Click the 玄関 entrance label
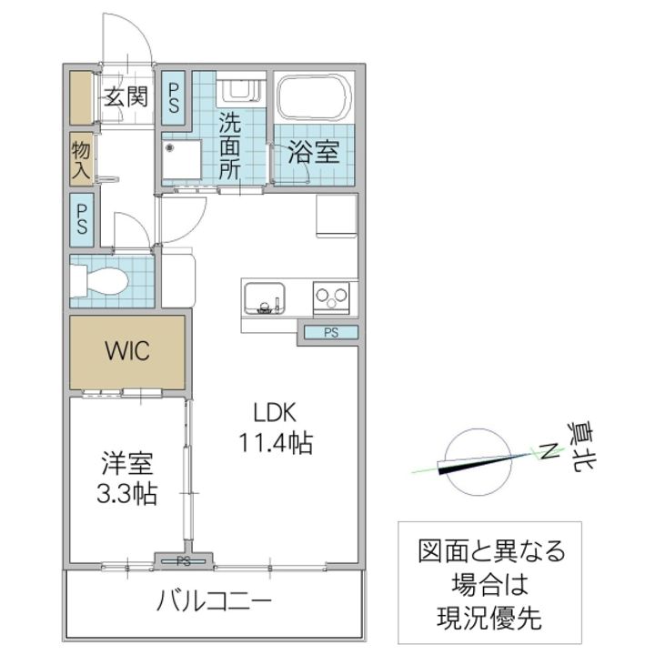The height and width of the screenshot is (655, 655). point(125,96)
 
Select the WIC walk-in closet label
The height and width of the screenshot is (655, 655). point(126,350)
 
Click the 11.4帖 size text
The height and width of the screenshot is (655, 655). point(277,443)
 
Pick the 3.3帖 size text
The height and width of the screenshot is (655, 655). point(126,494)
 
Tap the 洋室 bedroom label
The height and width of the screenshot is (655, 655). point(126,463)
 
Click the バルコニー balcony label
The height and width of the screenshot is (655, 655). point(214,600)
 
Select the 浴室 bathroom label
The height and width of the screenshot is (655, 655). point(314,151)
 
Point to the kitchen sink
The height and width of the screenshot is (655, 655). point(264,297)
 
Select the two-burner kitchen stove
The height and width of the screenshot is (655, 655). point(330,297)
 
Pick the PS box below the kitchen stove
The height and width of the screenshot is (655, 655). point(329,333)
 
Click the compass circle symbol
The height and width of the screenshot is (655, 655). point(475,462)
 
